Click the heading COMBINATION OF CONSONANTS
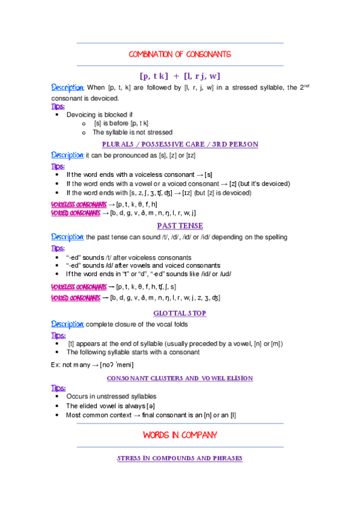click(x=180, y=55)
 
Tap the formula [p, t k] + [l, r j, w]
click(x=180, y=76)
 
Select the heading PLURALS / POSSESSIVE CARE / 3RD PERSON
click(x=180, y=144)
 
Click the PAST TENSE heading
click(x=180, y=226)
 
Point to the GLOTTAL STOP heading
click(x=180, y=313)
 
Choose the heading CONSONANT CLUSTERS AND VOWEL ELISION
click(x=180, y=378)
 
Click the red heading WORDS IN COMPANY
click(x=180, y=435)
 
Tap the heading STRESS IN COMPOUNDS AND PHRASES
click(x=180, y=458)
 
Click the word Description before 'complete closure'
click(x=67, y=324)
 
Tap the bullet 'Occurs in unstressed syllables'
click(x=111, y=396)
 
